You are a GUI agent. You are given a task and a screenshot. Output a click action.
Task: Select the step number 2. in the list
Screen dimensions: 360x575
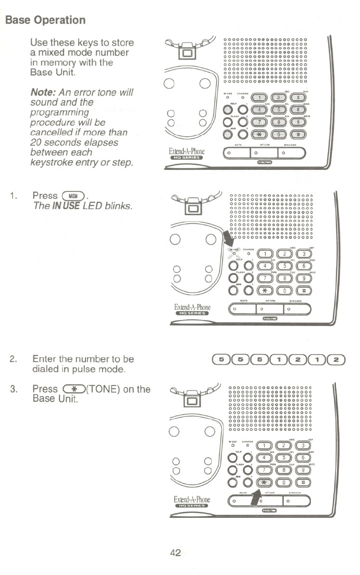14,360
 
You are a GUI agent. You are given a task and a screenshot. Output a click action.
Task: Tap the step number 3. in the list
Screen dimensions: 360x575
14,389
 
